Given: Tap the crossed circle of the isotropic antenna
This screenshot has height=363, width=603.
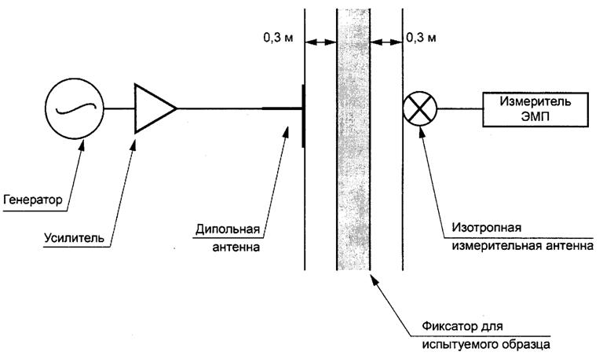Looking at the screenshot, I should [418, 108].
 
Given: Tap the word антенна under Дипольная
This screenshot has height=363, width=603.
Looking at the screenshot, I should [236, 249].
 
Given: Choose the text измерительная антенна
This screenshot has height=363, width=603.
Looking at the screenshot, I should [519, 246].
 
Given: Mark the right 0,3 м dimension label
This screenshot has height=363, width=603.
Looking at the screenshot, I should [425, 37].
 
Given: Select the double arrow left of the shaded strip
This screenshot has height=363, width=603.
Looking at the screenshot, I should [321, 42].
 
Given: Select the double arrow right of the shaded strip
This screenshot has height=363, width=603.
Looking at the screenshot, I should [386, 42].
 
